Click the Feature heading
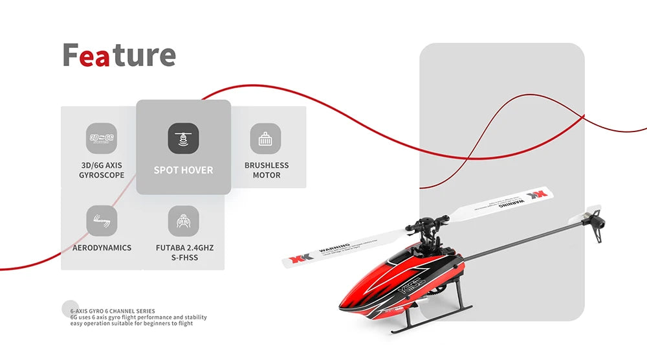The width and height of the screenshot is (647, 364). (x=119, y=56)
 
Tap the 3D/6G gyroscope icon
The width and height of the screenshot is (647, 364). (x=102, y=138)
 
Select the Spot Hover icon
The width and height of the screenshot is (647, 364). (x=183, y=138)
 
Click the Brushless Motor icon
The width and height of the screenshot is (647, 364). (x=265, y=138)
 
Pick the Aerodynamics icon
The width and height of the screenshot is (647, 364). (x=102, y=221)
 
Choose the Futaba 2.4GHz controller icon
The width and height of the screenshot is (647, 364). (x=184, y=221)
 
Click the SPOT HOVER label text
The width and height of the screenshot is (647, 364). (x=183, y=170)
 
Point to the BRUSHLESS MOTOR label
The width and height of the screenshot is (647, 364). (x=267, y=170)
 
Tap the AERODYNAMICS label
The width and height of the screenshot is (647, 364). (x=102, y=247)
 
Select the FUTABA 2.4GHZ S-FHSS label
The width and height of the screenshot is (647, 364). (x=184, y=253)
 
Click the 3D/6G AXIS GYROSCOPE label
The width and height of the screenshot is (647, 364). (x=102, y=170)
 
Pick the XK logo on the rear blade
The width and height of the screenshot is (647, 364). (x=538, y=195)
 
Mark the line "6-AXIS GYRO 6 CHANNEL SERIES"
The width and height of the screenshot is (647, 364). (x=113, y=312)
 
